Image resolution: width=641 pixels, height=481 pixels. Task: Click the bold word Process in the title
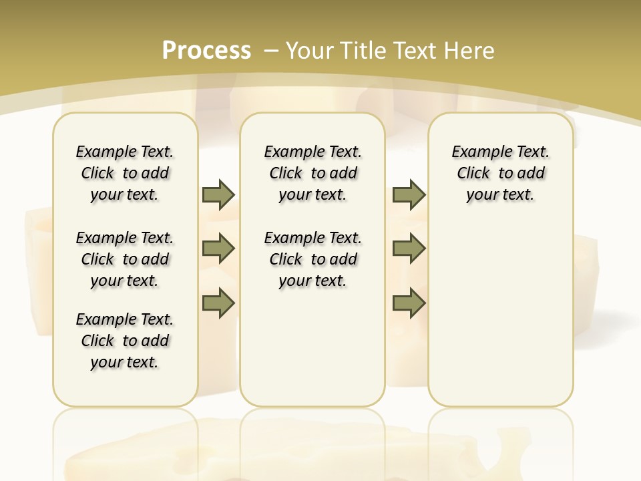coord(206,50)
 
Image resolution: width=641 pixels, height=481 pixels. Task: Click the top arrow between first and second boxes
coord(218,194)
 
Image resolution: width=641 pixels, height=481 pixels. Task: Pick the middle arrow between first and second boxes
coord(218,249)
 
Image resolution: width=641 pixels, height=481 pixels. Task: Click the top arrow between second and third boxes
coord(409,194)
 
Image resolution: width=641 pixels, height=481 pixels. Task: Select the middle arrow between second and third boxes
coord(409,249)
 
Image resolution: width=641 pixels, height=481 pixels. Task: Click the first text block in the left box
coord(125,173)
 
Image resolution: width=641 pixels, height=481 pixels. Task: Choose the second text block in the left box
coord(125,259)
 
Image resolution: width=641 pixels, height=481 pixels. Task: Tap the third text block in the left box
coord(125,341)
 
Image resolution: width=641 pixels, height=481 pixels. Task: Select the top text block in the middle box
coord(313,173)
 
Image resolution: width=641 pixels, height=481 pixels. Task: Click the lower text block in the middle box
coord(313,259)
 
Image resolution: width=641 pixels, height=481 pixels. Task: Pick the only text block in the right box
coord(501,173)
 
